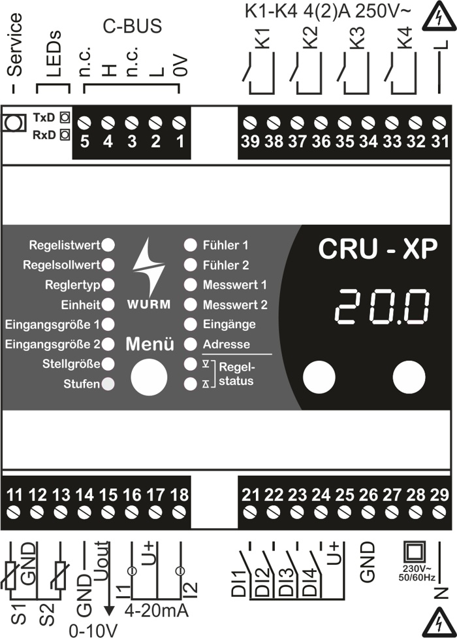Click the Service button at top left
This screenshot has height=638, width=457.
click(11, 122)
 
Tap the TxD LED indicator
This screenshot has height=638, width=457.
click(64, 118)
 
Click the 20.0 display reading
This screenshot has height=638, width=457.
click(384, 307)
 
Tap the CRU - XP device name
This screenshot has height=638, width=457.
click(378, 248)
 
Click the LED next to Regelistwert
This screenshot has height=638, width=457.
click(109, 245)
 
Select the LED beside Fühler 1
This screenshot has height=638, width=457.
click(190, 245)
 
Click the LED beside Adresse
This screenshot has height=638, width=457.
click(190, 343)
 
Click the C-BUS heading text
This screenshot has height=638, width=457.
click(133, 26)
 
